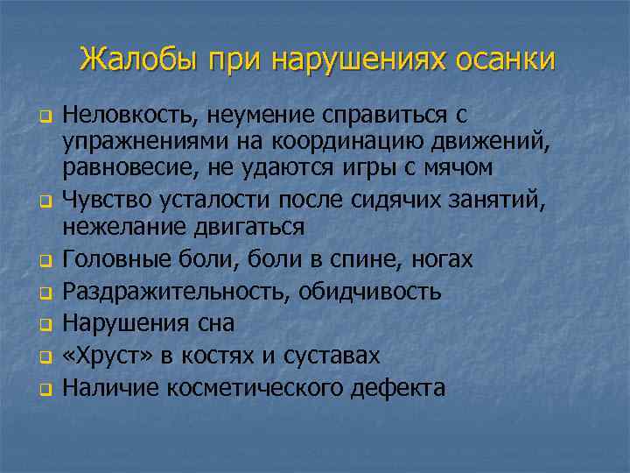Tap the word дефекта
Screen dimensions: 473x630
click(397, 386)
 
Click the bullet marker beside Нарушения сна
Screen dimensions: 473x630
click(41, 324)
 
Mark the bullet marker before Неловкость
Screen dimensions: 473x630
click(41, 116)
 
